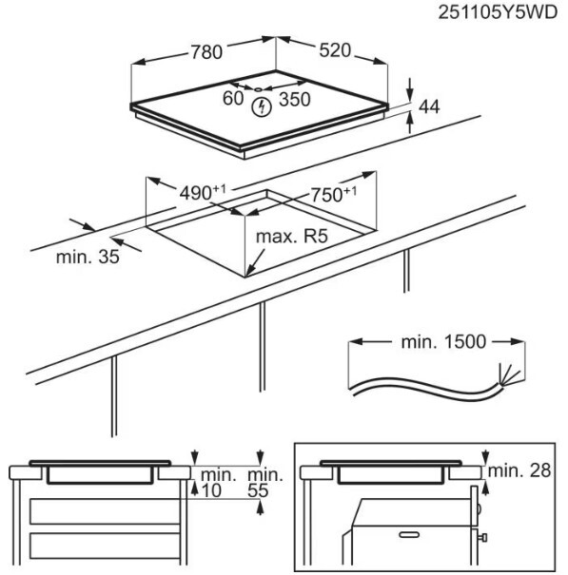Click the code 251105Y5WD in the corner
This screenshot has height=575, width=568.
[x=498, y=12]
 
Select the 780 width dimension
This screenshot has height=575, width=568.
[x=206, y=51]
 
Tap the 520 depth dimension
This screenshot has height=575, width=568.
[x=335, y=50]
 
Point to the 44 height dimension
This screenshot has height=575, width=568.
[x=429, y=106]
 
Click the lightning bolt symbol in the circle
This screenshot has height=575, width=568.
[x=262, y=107]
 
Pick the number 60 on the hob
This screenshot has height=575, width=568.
[x=233, y=98]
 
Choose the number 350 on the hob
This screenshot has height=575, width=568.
[x=294, y=100]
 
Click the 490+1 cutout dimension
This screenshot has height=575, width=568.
[x=203, y=193]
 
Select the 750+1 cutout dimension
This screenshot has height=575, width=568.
[x=333, y=194]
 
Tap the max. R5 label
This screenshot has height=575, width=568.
[x=291, y=237]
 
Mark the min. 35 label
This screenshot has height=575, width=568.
[x=88, y=257]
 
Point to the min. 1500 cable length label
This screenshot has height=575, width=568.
[x=443, y=342]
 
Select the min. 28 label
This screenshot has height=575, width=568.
[x=519, y=470]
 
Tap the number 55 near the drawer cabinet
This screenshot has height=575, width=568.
[x=258, y=490]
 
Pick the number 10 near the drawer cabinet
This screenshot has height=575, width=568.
[x=211, y=490]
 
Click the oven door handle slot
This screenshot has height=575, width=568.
[x=409, y=535]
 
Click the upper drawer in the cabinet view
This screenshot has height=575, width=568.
[x=105, y=511]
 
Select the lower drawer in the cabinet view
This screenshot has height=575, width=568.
[x=105, y=546]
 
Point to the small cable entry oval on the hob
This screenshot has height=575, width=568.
[x=258, y=89]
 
